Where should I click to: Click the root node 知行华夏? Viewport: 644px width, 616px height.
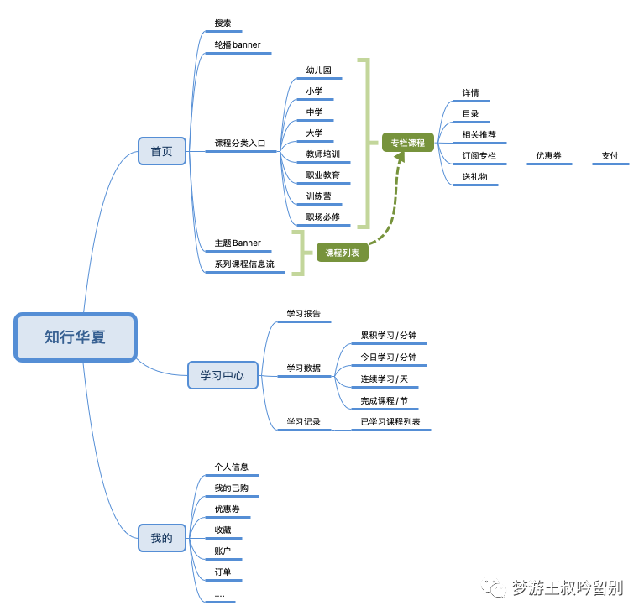click(76, 337)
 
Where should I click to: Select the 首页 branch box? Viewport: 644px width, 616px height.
click(162, 151)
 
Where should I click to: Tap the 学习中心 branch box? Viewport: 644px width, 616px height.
click(223, 375)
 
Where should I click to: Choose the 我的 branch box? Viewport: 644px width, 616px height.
click(161, 538)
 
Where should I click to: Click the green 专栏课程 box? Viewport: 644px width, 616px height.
click(408, 143)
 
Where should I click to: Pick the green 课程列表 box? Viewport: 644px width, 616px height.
click(342, 252)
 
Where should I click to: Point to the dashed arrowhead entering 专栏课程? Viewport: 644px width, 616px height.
click(401, 156)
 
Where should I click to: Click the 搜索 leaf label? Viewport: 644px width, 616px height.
click(223, 23)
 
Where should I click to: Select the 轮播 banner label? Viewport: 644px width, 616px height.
click(238, 44)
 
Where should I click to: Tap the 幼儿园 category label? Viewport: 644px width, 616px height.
click(318, 70)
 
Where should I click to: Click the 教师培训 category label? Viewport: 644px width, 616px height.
click(323, 154)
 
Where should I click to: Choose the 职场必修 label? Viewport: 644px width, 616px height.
click(323, 217)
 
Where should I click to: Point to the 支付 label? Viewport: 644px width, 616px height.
click(610, 155)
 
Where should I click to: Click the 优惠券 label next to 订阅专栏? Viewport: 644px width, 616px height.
click(548, 155)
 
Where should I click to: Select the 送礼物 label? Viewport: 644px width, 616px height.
click(474, 176)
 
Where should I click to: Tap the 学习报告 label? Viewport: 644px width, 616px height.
click(303, 314)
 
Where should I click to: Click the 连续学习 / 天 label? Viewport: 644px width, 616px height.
click(384, 379)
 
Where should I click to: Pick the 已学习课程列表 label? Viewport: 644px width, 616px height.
click(390, 421)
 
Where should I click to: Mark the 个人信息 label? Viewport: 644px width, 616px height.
click(231, 467)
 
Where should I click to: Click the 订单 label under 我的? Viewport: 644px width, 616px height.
click(223, 572)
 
